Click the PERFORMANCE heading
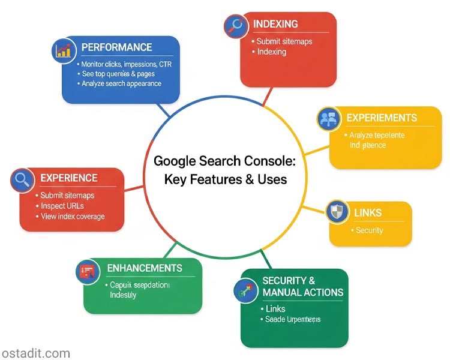click(116, 47)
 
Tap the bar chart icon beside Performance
click(63, 50)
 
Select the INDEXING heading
click(276, 24)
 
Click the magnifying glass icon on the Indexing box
click(235, 26)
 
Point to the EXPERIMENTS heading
click(382, 118)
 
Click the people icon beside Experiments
click(328, 119)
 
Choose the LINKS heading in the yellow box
click(368, 213)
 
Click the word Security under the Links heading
click(369, 230)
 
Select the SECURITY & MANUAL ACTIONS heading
click(302, 287)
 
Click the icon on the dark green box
click(245, 291)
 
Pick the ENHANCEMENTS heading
click(144, 268)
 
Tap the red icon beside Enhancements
click(88, 272)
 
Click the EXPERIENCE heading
click(68, 178)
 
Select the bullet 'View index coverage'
click(73, 217)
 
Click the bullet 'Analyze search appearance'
click(121, 83)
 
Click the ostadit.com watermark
click(35, 353)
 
